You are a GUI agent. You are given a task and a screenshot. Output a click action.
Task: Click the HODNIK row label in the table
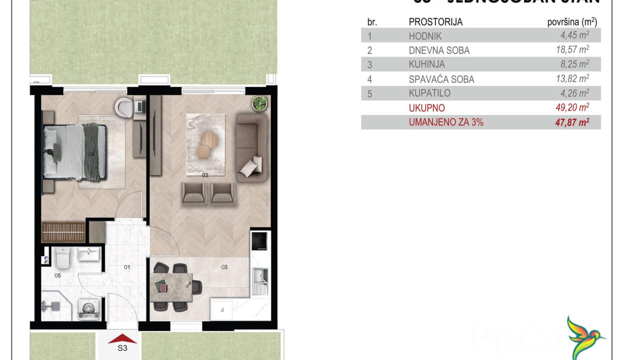click(425, 36)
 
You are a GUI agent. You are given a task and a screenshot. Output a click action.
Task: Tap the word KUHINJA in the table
click(426, 64)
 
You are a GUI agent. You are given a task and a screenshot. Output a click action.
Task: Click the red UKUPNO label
click(426, 108)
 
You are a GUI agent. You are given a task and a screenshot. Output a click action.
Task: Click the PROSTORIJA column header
click(435, 22)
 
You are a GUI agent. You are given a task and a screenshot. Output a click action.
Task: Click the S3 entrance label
click(122, 349)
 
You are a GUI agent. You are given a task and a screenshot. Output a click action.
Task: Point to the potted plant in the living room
click(260, 103)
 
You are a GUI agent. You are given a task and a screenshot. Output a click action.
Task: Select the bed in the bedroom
click(75, 151)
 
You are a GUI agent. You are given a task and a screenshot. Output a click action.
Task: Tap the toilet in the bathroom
click(62, 257)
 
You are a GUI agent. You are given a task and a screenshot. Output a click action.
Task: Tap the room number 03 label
click(224, 267)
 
